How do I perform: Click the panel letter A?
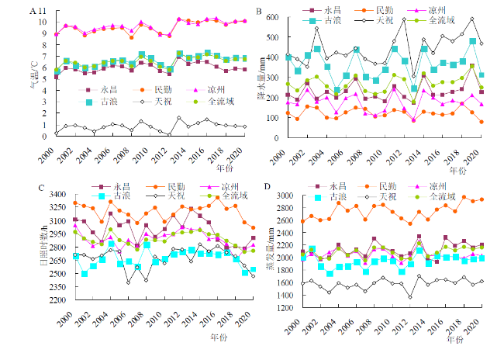[x=32, y=12]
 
